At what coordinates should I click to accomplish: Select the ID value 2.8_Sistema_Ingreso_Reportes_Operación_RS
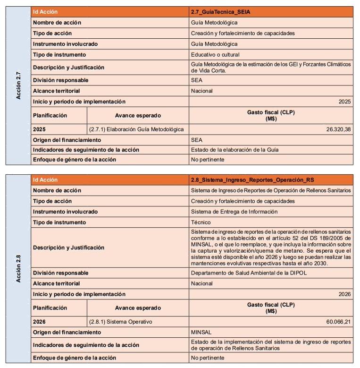point(252,180)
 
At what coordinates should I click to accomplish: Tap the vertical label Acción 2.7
point(18,86)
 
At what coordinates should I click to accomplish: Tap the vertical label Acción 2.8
point(18,269)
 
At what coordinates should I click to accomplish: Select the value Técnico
point(201,222)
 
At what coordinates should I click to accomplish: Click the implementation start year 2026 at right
point(344,294)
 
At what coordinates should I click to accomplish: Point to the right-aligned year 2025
point(344,101)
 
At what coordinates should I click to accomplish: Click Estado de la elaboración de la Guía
point(234,150)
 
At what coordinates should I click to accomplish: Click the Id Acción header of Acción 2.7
point(45,12)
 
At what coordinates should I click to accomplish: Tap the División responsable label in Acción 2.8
point(60,273)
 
